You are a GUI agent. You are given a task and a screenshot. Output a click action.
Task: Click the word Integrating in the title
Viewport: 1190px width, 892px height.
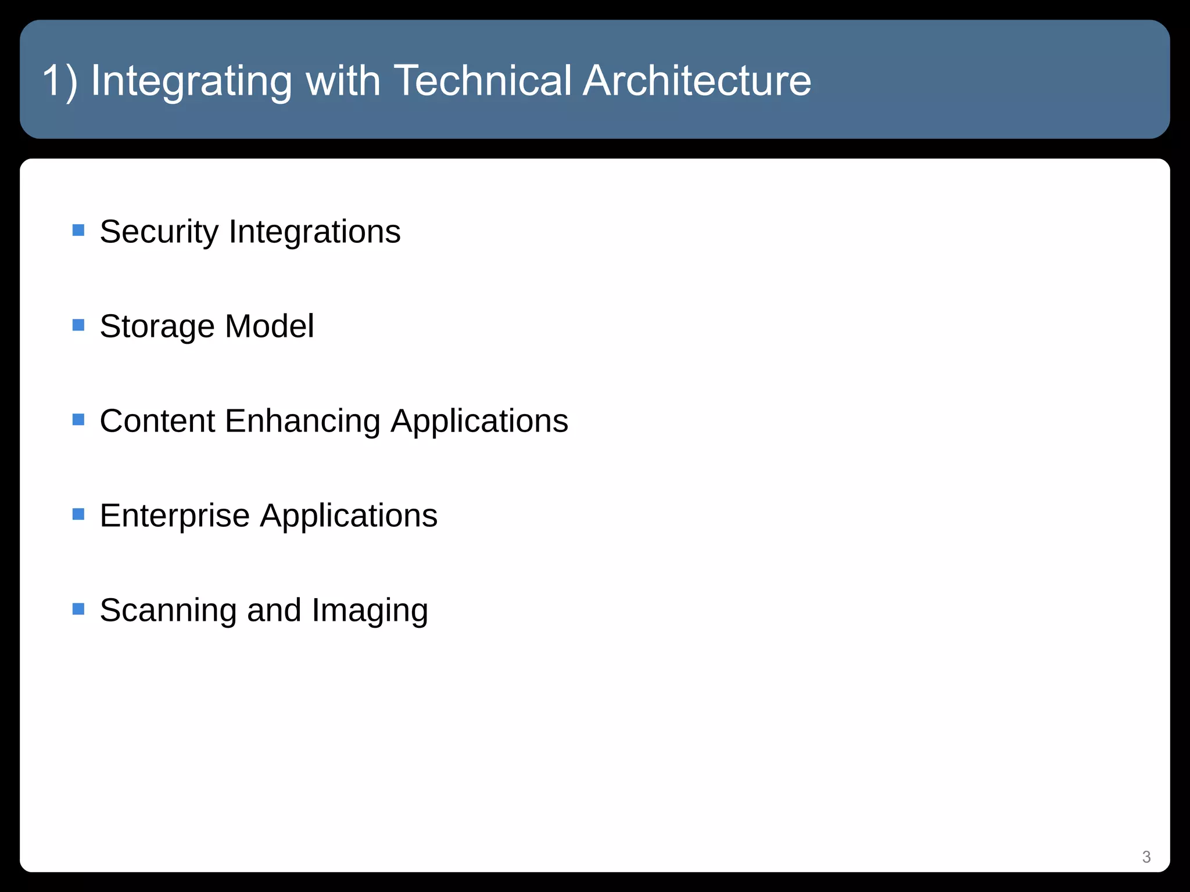pyautogui.click(x=191, y=81)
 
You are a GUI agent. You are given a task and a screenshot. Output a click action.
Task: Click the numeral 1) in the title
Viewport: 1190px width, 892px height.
pyautogui.click(x=60, y=81)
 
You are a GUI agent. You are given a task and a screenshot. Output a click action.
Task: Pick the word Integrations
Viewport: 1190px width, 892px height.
pyautogui.click(x=314, y=232)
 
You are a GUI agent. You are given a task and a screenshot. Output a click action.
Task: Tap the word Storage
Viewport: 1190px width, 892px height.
pyautogui.click(x=157, y=326)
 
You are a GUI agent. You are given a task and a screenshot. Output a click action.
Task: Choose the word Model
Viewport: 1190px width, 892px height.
pyautogui.click(x=269, y=326)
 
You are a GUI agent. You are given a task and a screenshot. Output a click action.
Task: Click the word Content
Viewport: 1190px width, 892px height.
pyautogui.click(x=157, y=420)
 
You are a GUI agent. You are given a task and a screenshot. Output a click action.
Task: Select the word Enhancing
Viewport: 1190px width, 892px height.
pyautogui.click(x=302, y=421)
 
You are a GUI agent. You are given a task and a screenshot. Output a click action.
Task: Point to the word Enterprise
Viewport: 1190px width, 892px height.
pyautogui.click(x=174, y=516)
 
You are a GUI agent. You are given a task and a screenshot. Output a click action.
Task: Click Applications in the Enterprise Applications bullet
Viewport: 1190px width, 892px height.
pyautogui.click(x=349, y=516)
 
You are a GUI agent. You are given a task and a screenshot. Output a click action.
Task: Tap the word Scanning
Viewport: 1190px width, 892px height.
pyautogui.click(x=168, y=610)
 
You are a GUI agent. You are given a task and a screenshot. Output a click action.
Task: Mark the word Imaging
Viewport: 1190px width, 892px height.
pyautogui.click(x=370, y=610)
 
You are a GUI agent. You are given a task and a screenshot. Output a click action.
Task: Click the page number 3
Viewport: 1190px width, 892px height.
pyautogui.click(x=1146, y=857)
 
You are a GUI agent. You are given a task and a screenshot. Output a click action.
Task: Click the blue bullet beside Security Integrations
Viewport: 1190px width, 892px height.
pyautogui.click(x=78, y=231)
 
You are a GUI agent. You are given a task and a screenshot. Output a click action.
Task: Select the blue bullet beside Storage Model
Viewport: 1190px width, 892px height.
pyautogui.click(x=78, y=325)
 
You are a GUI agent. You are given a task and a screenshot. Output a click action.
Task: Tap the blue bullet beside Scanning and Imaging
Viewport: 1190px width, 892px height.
pyautogui.click(x=78, y=609)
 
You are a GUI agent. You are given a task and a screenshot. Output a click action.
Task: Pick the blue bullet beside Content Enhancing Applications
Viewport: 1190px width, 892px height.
pyautogui.click(x=78, y=419)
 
